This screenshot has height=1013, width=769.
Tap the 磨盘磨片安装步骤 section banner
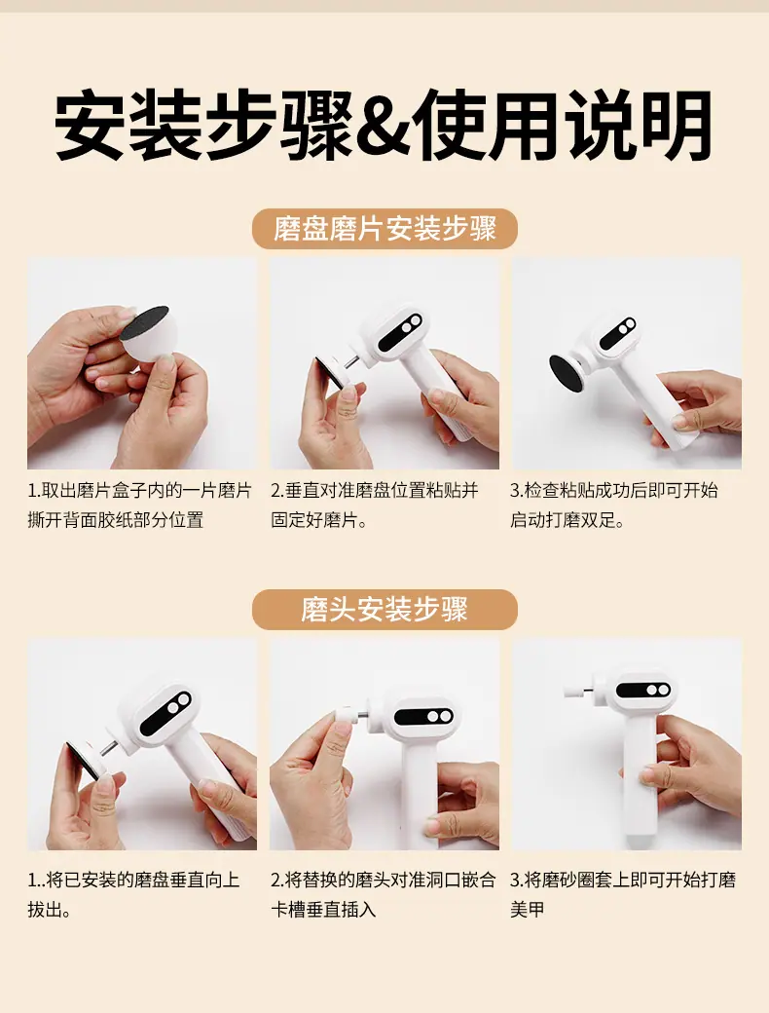[384, 229]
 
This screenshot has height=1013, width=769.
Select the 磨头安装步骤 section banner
[384, 609]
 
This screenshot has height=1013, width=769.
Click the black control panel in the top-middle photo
[401, 330]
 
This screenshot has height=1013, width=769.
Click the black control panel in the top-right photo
[618, 333]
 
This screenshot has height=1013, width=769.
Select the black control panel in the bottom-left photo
[165, 715]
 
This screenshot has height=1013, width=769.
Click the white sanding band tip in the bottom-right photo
[572, 689]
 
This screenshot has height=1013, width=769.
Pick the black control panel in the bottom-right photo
[643, 690]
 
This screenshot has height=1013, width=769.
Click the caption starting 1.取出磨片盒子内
[139, 506]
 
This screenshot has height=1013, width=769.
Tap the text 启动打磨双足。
[568, 520]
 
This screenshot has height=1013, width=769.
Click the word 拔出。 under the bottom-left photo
[50, 910]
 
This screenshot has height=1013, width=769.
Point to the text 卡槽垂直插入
[323, 910]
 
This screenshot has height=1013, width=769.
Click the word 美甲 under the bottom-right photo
[528, 910]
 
